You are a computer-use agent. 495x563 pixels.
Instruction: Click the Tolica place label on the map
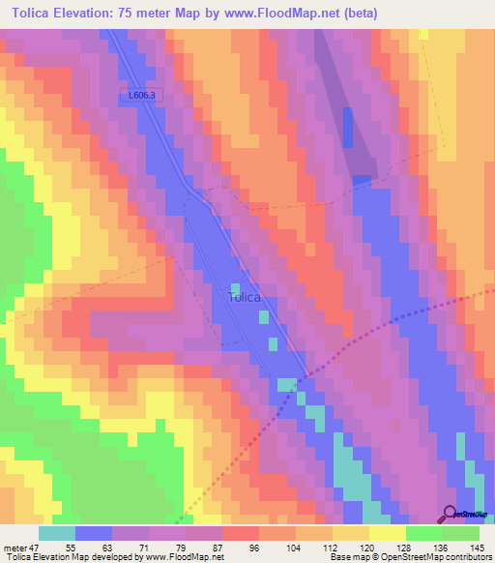[245, 297]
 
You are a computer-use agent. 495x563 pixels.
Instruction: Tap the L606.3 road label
[142, 95]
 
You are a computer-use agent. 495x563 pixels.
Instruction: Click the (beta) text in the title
[357, 14]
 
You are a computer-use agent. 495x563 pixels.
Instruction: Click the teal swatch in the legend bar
[56, 533]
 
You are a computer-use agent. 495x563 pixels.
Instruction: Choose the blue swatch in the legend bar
[93, 533]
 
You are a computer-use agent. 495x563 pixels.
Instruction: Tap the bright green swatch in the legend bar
[423, 533]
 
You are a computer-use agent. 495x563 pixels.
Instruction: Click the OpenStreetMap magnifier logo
[450, 513]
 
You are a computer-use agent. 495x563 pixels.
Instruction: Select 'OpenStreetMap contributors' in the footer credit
[434, 558]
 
